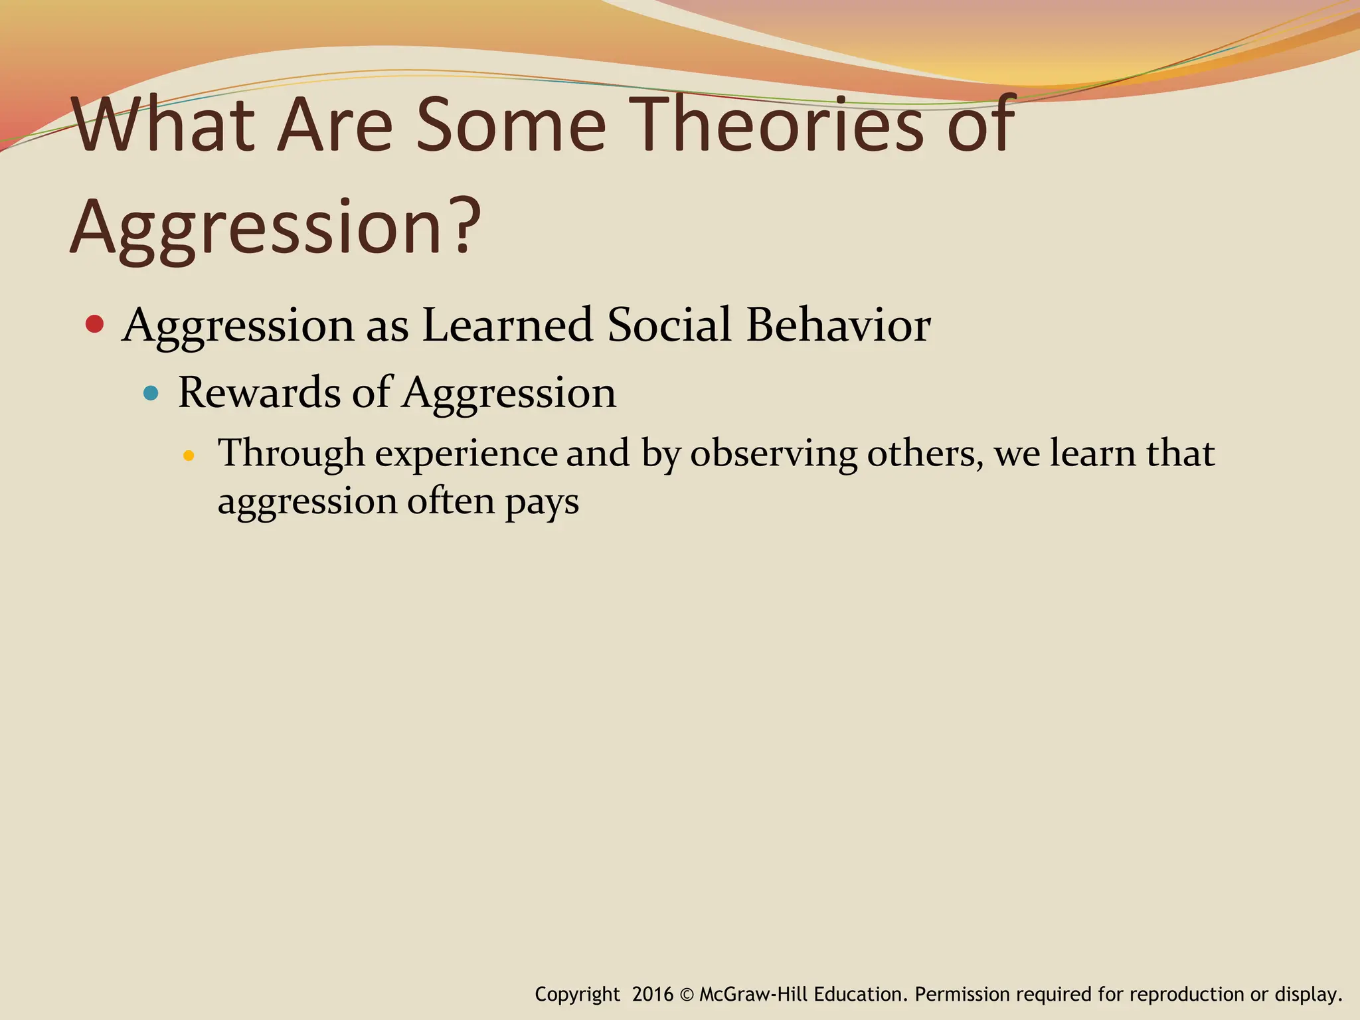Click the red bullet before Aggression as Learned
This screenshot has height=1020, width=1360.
tap(95, 324)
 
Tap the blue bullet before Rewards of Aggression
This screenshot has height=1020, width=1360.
tap(151, 393)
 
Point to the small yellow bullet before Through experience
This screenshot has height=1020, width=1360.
tap(189, 456)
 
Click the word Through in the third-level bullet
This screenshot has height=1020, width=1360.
tap(292, 454)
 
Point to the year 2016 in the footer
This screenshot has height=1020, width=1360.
tap(652, 994)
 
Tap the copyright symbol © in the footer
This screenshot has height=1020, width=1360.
tap(687, 995)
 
